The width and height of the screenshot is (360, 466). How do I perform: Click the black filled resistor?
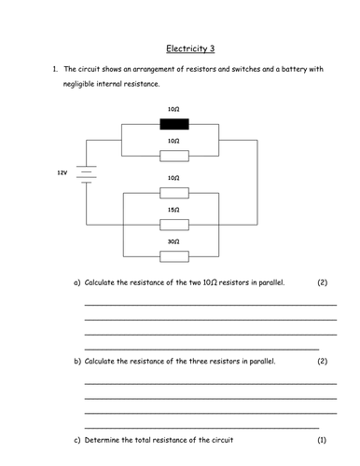tap(173, 122)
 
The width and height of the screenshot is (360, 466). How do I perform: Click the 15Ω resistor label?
tap(173, 211)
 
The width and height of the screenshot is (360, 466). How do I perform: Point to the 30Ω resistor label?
tap(173, 241)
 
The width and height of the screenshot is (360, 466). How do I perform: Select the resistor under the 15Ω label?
tap(173, 224)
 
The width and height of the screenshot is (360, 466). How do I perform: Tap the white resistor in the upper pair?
tap(173, 154)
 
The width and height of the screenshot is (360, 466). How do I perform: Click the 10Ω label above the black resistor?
tap(173, 110)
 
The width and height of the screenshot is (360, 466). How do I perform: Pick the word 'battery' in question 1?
tap(284, 70)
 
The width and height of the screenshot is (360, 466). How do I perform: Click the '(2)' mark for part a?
tap(322, 281)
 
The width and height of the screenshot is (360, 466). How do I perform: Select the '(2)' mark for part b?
tap(322, 360)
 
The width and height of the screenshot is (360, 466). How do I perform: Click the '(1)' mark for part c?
tap(322, 438)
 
